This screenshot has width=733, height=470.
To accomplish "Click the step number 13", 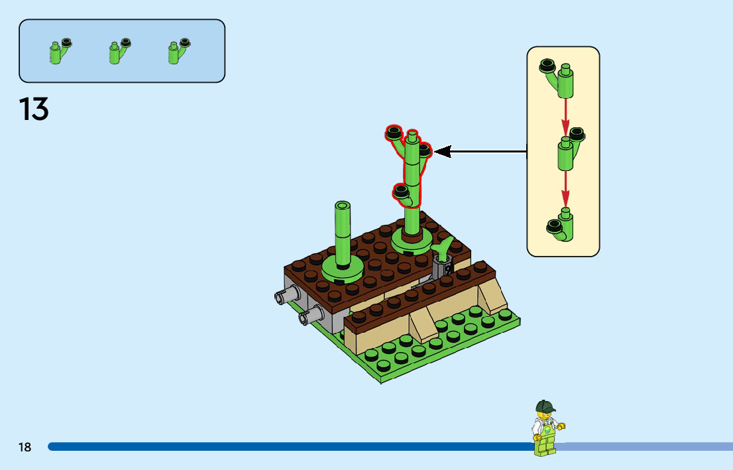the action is pyautogui.click(x=34, y=109).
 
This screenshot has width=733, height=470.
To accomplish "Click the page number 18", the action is pyautogui.click(x=25, y=447).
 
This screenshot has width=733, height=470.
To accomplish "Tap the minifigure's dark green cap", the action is pyautogui.click(x=545, y=406).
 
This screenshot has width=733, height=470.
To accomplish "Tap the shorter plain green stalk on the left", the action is pyautogui.click(x=343, y=232).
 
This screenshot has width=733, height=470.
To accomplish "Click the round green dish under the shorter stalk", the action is pyautogui.click(x=342, y=269).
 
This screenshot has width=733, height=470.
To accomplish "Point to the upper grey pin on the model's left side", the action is pyautogui.click(x=285, y=295).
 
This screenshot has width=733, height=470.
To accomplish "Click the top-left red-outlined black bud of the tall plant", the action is pyautogui.click(x=394, y=133).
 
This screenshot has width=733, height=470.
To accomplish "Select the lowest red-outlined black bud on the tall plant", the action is pyautogui.click(x=401, y=192).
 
